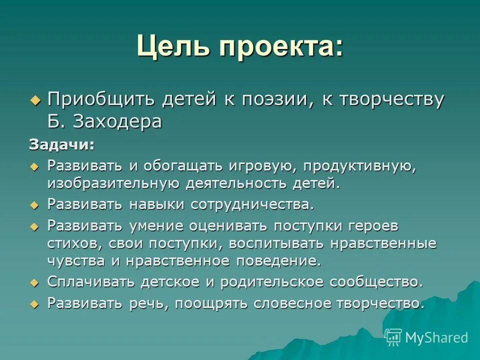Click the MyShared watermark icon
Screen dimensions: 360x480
(393, 337)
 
